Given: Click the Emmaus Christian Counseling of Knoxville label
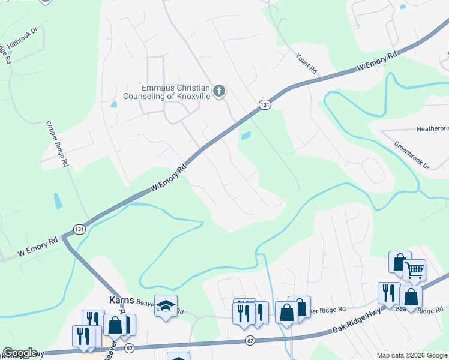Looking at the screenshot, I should (166, 91).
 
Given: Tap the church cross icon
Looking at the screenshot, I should (219, 91).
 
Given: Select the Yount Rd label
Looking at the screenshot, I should (306, 62).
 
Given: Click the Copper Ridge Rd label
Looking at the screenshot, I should (58, 145).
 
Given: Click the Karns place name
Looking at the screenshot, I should (120, 299).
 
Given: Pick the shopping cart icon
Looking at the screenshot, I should (414, 271).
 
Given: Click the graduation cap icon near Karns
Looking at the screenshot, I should (166, 306).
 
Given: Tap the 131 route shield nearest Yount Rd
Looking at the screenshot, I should (264, 105).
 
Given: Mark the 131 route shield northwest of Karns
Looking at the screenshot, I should (79, 229).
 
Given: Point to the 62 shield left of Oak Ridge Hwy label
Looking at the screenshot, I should (249, 341).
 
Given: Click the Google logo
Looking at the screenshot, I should (20, 353).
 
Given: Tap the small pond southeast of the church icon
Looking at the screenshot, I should (246, 136).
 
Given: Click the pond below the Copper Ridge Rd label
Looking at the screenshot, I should (58, 200).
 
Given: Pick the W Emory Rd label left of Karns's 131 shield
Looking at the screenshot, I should (37, 245).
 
